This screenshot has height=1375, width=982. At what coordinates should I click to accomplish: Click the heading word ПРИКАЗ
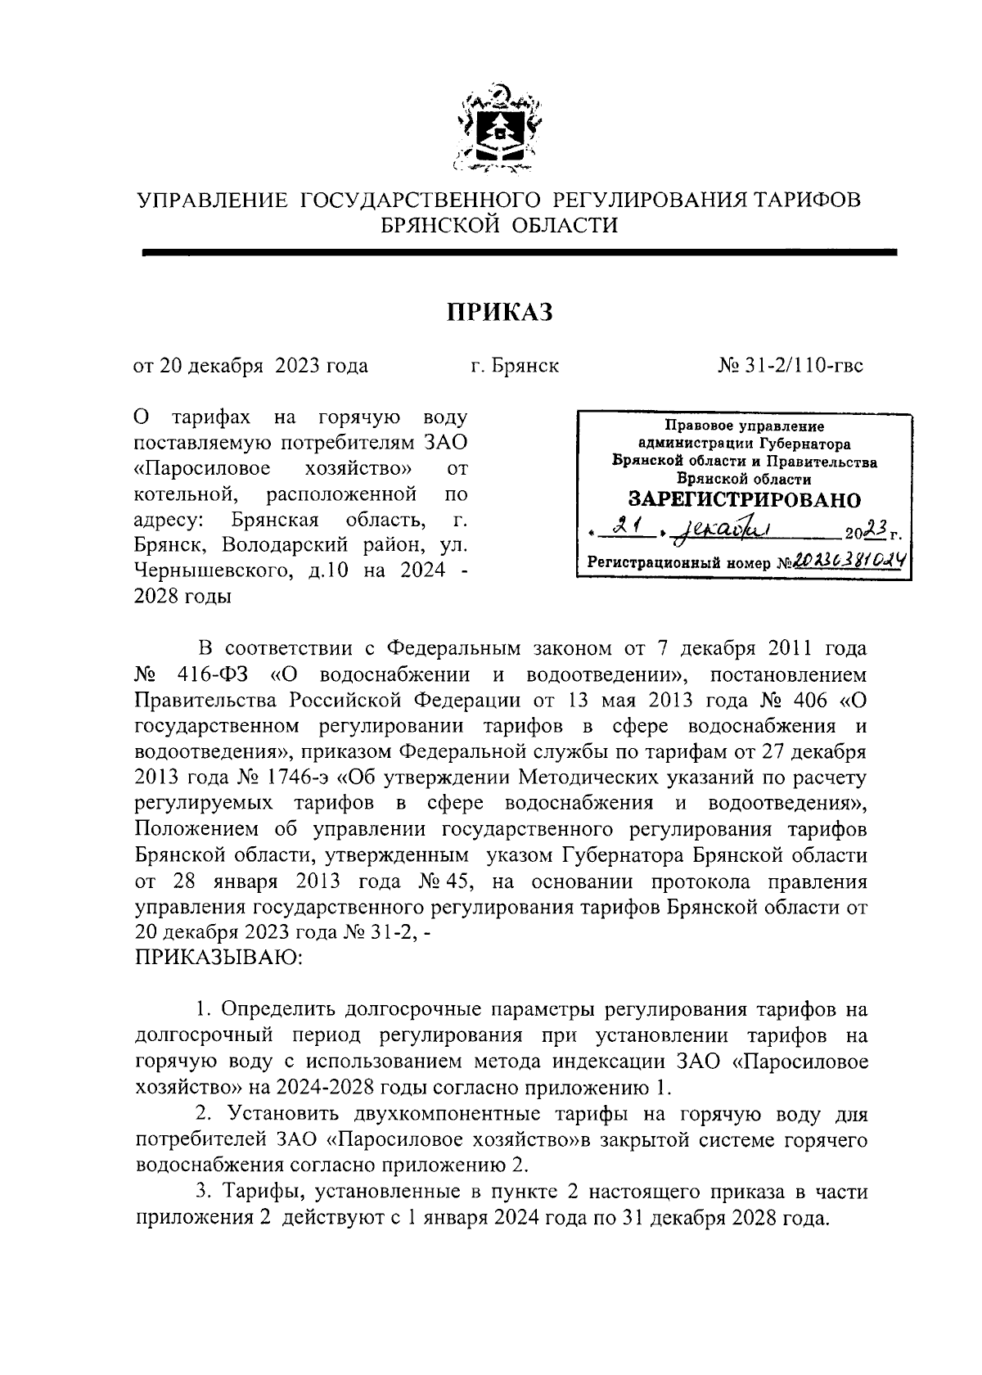tap(499, 312)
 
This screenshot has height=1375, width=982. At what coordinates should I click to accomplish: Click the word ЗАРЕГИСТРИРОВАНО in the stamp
tap(744, 498)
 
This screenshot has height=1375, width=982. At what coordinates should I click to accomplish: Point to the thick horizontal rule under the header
tap(519, 254)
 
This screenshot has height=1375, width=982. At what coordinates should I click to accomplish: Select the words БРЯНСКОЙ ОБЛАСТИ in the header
tap(500, 225)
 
